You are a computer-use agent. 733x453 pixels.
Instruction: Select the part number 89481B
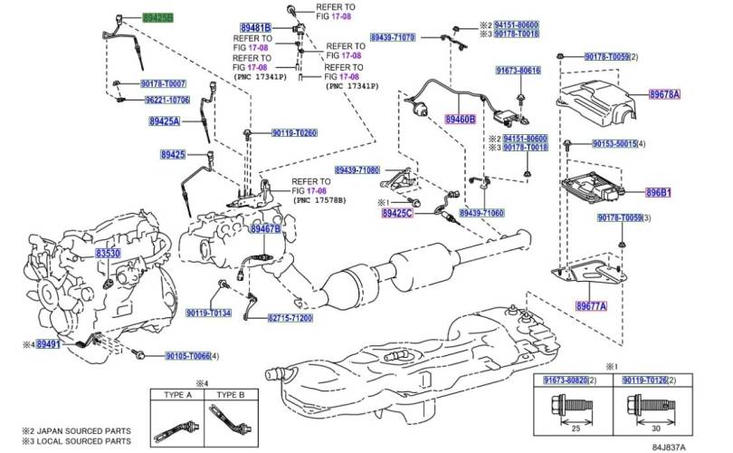point(256,27)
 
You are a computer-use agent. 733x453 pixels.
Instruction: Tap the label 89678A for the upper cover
point(664,93)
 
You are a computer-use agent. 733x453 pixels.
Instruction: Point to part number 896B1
point(682,192)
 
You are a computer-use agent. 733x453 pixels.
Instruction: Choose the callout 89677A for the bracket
point(591,306)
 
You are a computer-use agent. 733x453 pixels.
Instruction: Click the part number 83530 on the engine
point(109,255)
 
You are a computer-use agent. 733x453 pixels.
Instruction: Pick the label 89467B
point(265,230)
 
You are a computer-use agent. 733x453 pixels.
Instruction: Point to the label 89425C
point(396,212)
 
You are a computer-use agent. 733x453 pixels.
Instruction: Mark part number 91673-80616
point(518,71)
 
